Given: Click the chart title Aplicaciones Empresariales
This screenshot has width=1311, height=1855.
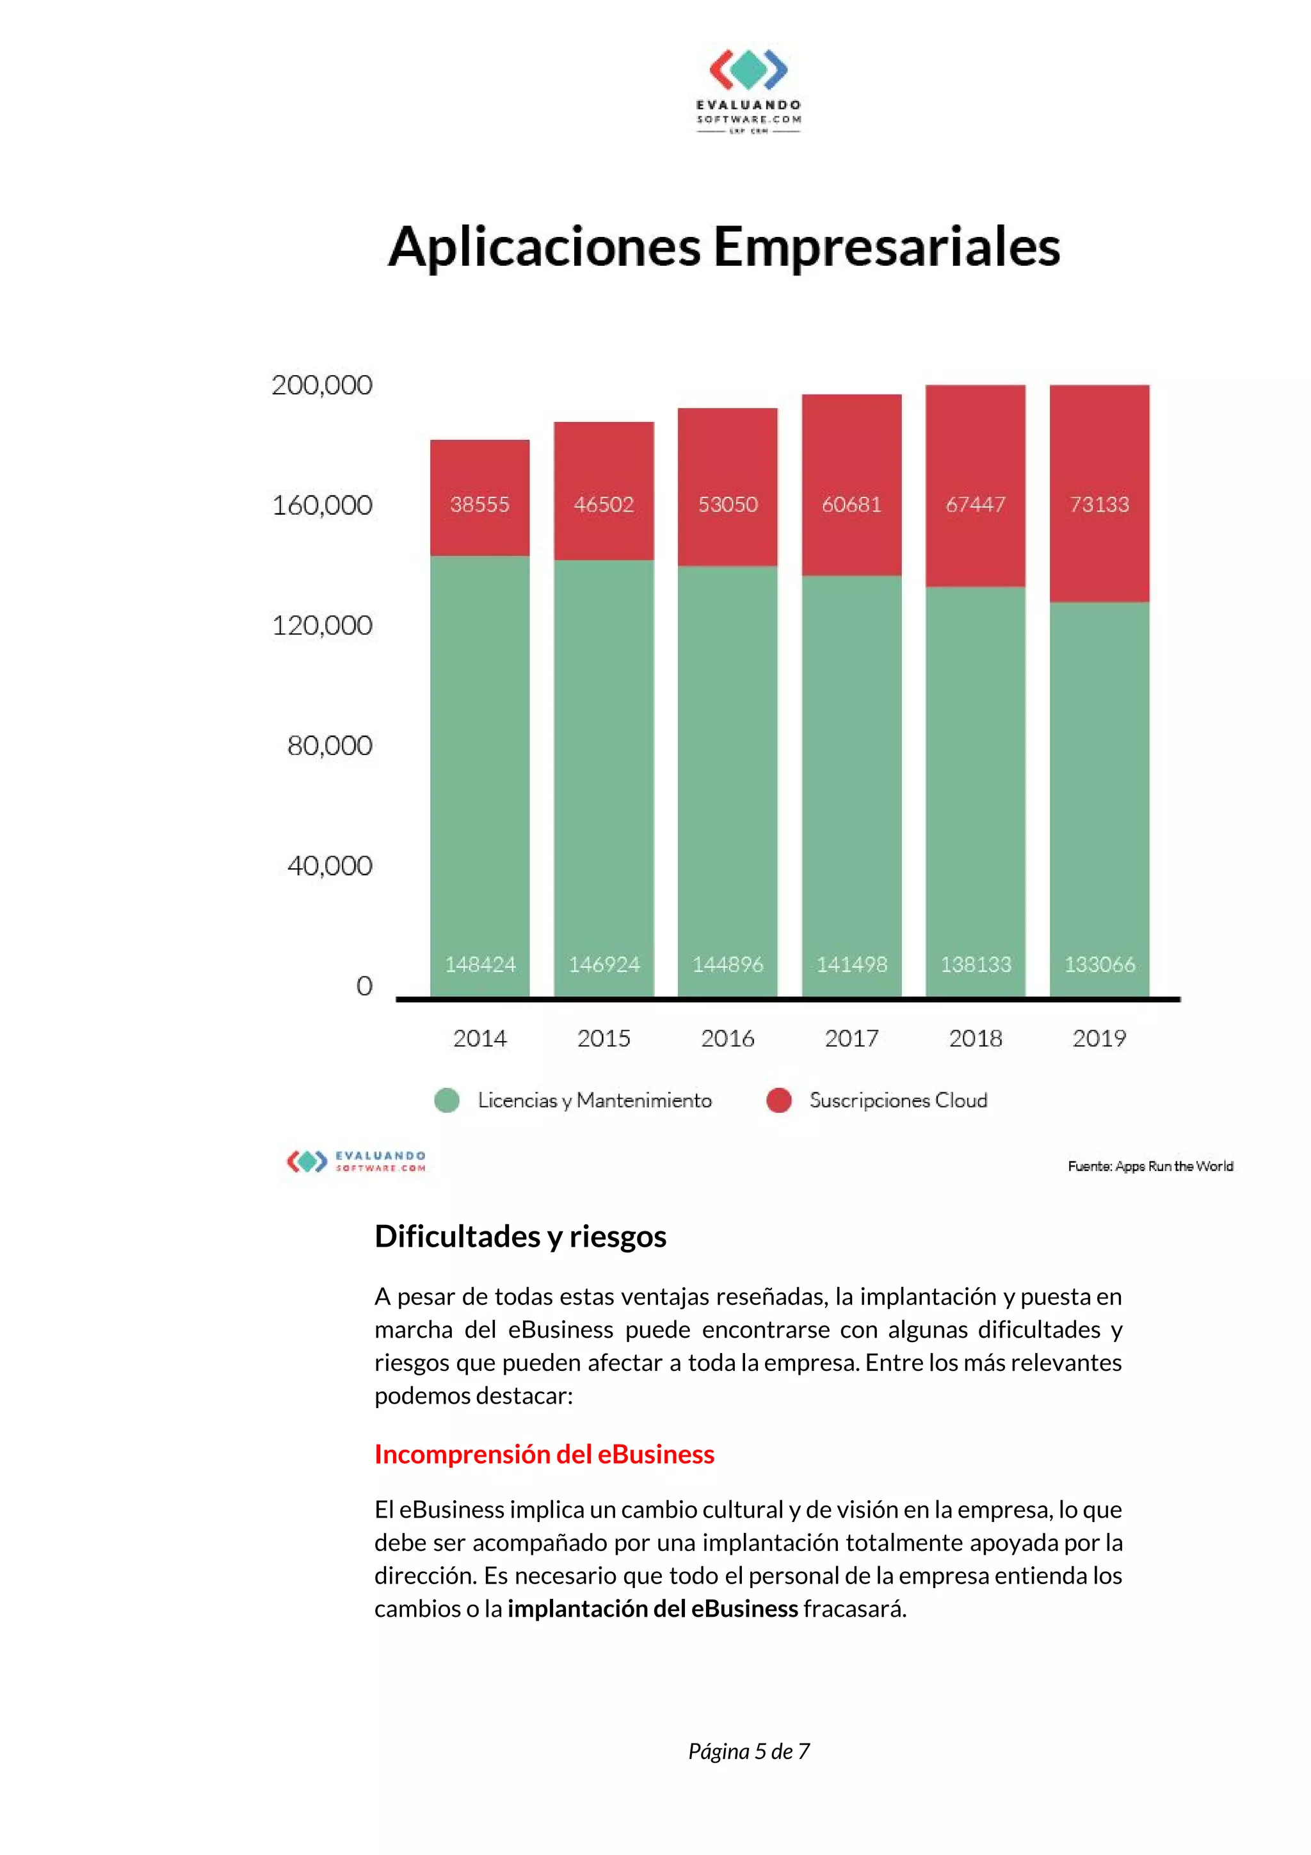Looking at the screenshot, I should [x=724, y=247].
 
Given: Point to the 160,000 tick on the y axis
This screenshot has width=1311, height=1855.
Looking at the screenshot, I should [x=322, y=506].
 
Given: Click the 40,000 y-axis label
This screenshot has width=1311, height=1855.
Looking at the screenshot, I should [x=330, y=866].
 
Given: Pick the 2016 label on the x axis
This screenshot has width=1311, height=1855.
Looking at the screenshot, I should [x=727, y=1038].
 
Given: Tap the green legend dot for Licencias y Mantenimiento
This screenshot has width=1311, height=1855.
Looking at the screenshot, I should [x=447, y=1101].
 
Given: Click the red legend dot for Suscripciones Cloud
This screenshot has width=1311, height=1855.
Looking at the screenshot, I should [x=778, y=1101].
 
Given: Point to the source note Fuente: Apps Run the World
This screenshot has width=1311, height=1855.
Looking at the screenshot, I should [x=1150, y=1166].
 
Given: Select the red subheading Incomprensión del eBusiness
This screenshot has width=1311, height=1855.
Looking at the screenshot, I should [x=543, y=1454].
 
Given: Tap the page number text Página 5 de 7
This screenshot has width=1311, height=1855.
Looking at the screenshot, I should [x=748, y=1751].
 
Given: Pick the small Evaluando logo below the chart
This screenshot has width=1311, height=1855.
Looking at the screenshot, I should [x=356, y=1161].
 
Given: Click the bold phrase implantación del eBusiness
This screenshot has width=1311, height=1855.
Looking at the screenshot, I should [x=653, y=1608].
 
